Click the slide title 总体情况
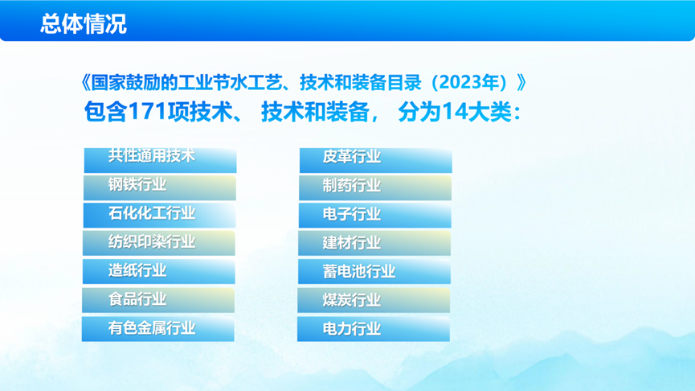click(x=84, y=23)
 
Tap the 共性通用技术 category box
click(x=161, y=160)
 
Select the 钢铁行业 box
click(x=160, y=187)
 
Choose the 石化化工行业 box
click(x=160, y=216)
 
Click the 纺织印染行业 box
click(x=158, y=243)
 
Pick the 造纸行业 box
click(x=158, y=272)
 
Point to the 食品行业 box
click(x=158, y=300)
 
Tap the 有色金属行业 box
click(x=158, y=329)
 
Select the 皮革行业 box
click(x=376, y=160)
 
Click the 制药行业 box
click(x=375, y=187)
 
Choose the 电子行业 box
click(x=375, y=216)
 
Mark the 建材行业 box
click(x=374, y=243)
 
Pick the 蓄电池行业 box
click(x=374, y=272)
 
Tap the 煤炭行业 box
click(x=374, y=300)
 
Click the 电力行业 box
click(x=374, y=329)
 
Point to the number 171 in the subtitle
click(x=147, y=112)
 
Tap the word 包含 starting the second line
click(x=105, y=112)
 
